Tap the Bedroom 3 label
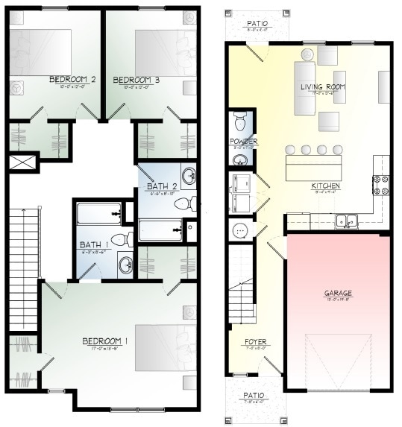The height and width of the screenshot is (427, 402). [136, 80]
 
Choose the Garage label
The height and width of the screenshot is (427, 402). [338, 293]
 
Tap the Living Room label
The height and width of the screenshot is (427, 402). [323, 87]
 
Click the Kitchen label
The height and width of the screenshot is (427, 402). [325, 186]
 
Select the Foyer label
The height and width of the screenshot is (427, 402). [256, 342]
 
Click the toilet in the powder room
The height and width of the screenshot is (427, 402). [241, 121]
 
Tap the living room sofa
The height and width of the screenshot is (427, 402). [304, 88]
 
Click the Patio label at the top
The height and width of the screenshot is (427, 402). [257, 24]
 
